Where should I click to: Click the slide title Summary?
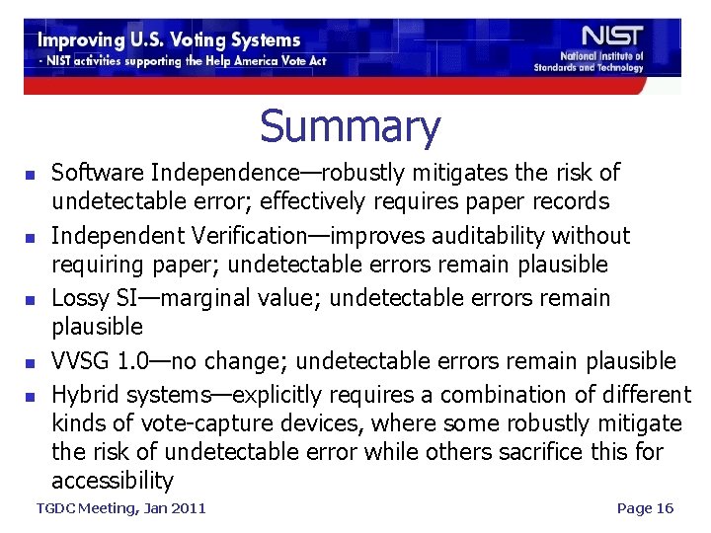[x=350, y=127]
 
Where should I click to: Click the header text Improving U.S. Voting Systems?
[x=169, y=40]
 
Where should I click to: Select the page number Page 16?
[x=644, y=507]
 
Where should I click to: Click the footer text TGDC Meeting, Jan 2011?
[x=120, y=507]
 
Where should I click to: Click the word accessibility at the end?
[x=112, y=481]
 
